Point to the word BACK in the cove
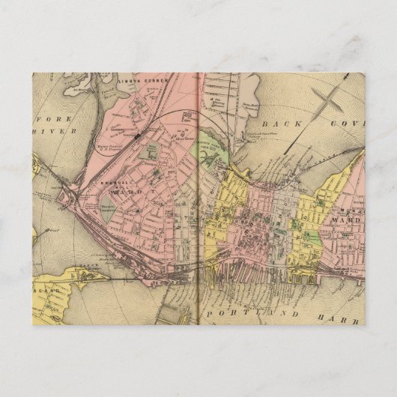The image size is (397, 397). click(x=282, y=118)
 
